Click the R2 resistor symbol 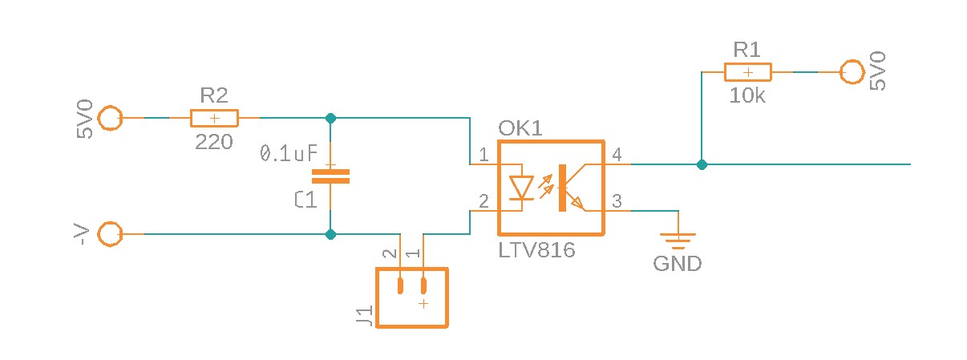click(x=214, y=119)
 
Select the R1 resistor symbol click(x=747, y=72)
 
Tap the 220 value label click(x=214, y=143)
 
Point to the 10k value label click(x=747, y=95)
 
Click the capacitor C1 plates click(x=330, y=176)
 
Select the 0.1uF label click(x=289, y=153)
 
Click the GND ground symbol click(x=678, y=237)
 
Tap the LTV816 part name click(x=536, y=250)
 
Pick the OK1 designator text click(x=520, y=128)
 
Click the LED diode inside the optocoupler click(x=522, y=188)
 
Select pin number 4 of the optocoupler click(x=617, y=154)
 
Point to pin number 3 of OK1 click(x=617, y=200)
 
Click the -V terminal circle click(x=108, y=234)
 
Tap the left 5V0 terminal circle click(x=108, y=119)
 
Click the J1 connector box click(x=412, y=297)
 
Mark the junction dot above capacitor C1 click(x=330, y=118)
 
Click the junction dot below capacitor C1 click(x=330, y=234)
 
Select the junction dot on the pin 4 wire click(x=702, y=164)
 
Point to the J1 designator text click(x=364, y=316)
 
